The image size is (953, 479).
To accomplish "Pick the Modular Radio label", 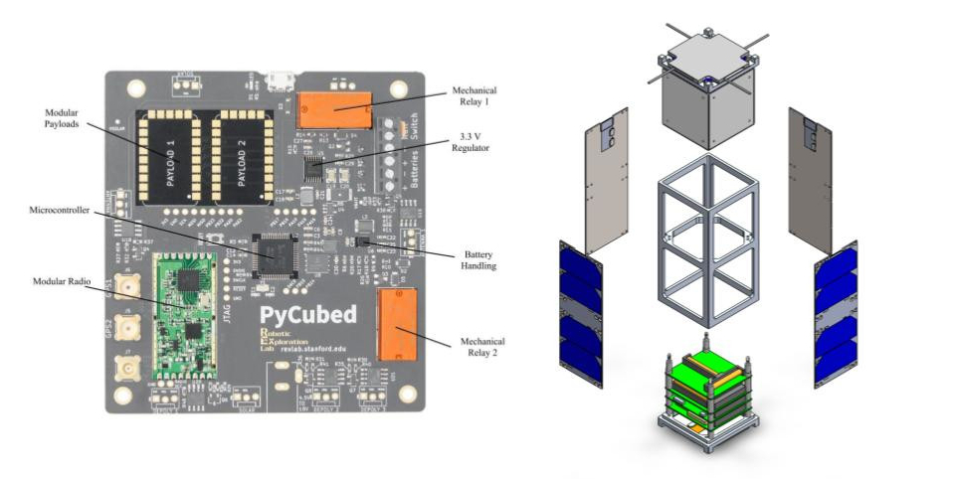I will click(64, 283).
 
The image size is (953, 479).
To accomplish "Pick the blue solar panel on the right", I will click(836, 313).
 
